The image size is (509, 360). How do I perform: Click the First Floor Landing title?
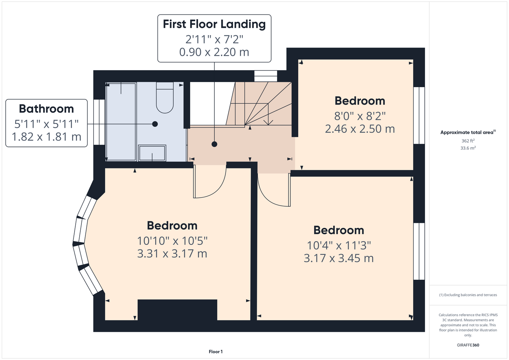[214, 24]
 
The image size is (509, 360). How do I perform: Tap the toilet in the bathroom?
[165, 98]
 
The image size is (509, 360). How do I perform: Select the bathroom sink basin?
[152, 153]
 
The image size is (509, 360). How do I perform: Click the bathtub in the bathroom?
[121, 122]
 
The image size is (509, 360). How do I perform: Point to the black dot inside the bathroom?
[155, 124]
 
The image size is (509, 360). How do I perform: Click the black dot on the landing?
[214, 144]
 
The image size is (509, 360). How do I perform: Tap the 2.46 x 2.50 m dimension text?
[360, 129]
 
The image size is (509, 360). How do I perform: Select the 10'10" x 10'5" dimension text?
[172, 241]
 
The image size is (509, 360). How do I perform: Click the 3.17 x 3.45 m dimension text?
[339, 258]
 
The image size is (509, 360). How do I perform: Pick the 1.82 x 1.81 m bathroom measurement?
[46, 137]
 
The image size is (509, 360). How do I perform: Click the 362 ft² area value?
[468, 141]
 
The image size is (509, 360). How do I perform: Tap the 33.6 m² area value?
[468, 148]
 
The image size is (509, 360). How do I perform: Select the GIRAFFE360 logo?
[468, 345]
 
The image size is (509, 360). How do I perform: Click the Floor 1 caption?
[216, 352]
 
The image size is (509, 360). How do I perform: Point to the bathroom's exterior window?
[99, 122]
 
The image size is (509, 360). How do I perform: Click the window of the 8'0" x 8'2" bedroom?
[419, 116]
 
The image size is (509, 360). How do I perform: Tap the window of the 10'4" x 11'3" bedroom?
[419, 251]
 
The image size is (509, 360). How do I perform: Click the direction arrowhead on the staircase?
[268, 122]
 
